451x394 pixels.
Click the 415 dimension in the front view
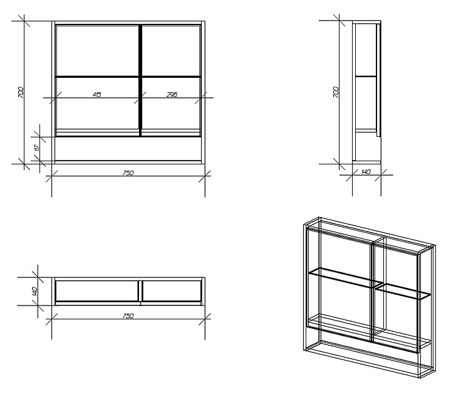coord(97,94)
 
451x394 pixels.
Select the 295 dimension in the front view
coord(172,94)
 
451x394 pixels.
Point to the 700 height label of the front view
coord(21,92)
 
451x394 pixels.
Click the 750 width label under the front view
coord(128,173)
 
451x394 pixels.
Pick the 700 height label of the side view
coord(336,92)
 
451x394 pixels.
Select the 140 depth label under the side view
coord(366,172)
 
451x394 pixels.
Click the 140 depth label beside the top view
coord(35,291)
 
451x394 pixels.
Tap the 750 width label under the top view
coord(128,316)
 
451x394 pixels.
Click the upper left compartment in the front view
coord(97,50)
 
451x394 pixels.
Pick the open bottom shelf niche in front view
coord(128,149)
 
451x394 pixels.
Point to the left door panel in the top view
coord(97,292)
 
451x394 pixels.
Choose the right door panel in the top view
coord(172,292)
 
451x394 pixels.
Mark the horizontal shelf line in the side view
coord(366,77)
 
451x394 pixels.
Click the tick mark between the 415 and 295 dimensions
coord(140,98)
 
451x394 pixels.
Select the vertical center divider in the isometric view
coord(374,289)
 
